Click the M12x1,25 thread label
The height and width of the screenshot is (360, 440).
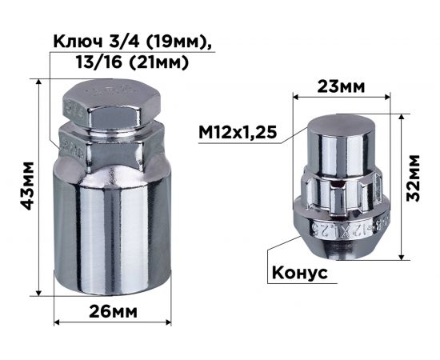239,132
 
